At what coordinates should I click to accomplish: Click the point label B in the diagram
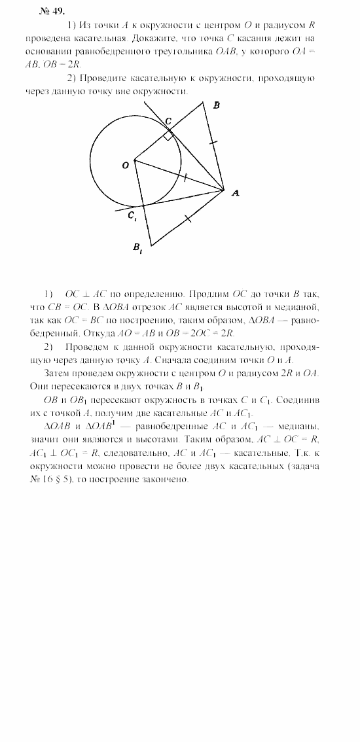coord(217,106)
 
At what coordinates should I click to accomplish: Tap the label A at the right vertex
coord(236,192)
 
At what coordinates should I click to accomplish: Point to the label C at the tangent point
coord(168,122)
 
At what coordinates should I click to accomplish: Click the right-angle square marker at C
coord(170,135)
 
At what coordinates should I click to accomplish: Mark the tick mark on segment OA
coord(185,177)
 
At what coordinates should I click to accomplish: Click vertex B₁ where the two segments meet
coord(151,245)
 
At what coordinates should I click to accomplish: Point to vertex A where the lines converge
coord(225,190)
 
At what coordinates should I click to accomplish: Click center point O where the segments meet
coord(135,159)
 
